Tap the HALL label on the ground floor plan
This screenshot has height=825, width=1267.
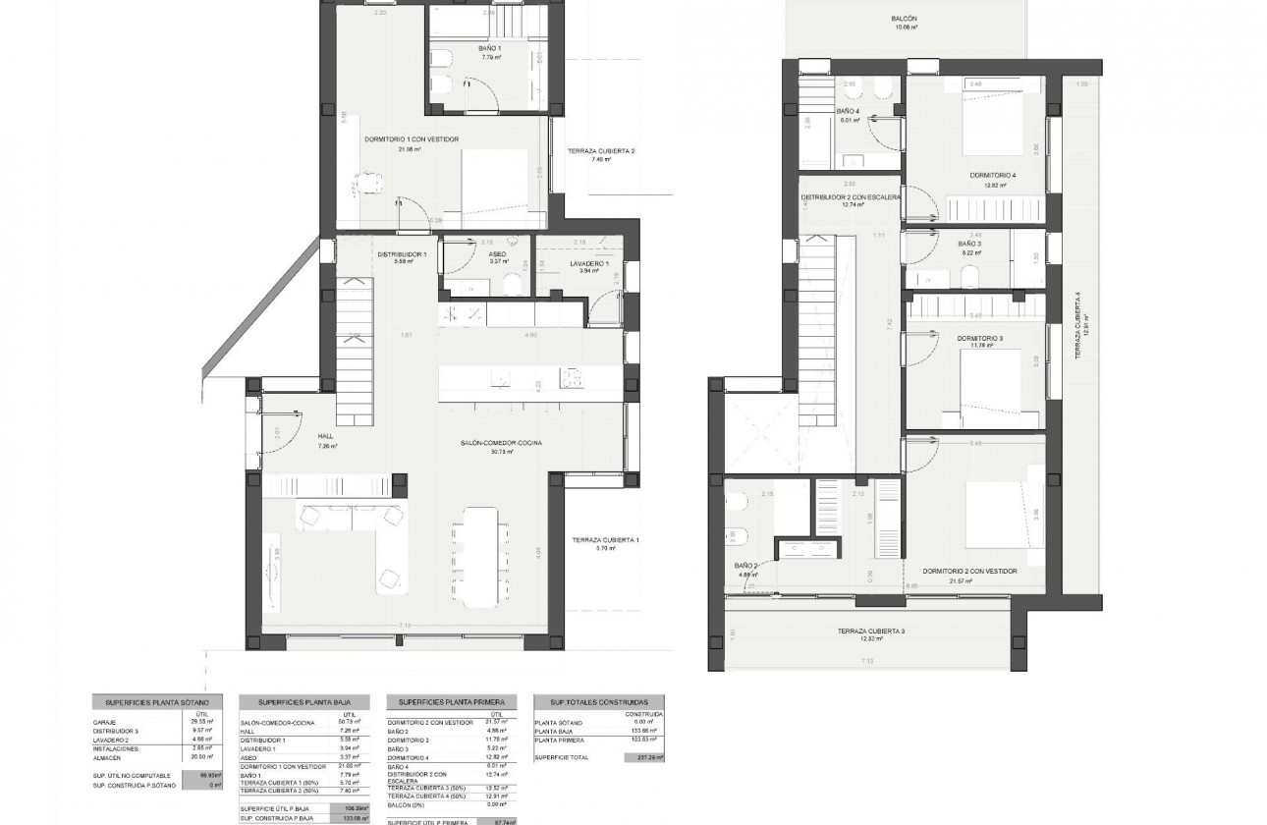coord(326,436)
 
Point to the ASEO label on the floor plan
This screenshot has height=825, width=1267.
coord(497,253)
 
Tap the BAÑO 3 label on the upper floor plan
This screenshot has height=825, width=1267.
coord(969,242)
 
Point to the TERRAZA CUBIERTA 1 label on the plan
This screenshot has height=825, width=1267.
coord(606,540)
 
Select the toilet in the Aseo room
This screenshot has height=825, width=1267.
coord(511,283)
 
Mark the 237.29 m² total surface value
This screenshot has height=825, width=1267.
coord(643,757)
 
